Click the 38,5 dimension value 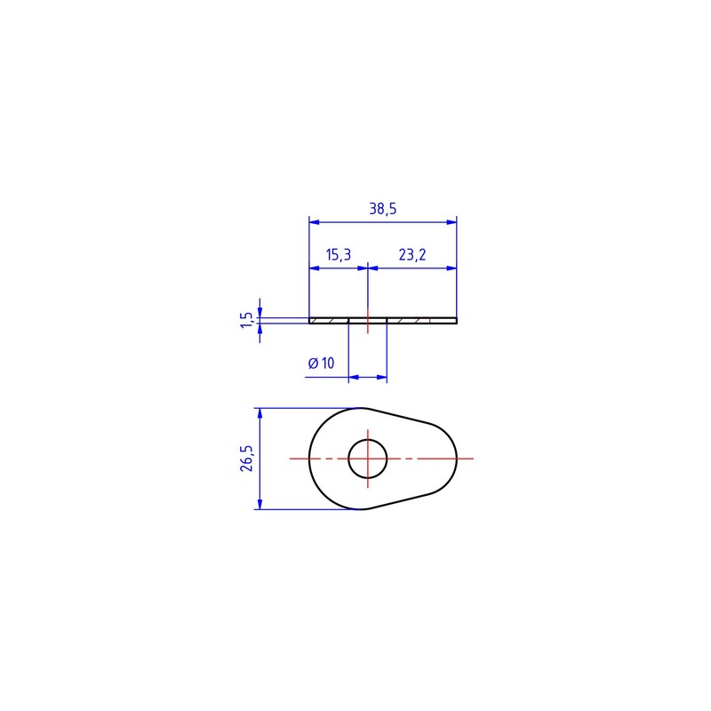click(x=383, y=209)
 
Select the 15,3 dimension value click(x=339, y=255)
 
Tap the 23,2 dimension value click(x=412, y=255)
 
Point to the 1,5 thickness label click(x=246, y=320)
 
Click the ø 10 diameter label click(x=321, y=363)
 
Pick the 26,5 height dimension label click(x=247, y=459)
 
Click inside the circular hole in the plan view click(x=368, y=459)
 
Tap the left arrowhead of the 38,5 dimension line click(x=315, y=222)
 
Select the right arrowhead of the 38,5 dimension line click(x=451, y=222)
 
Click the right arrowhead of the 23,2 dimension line click(x=451, y=268)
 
